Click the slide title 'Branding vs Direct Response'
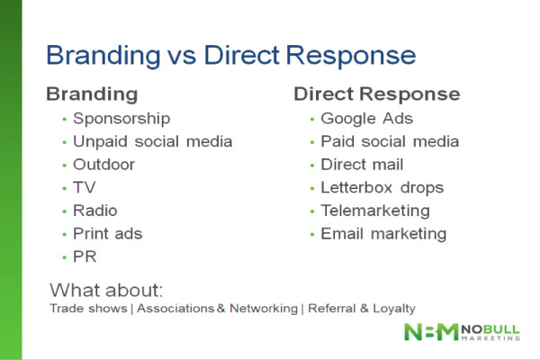[230, 56]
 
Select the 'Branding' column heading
[92, 94]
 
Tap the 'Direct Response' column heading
[376, 94]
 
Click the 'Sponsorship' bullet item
[121, 118]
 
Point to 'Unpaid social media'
[153, 141]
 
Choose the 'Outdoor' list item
[104, 165]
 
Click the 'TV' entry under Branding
[85, 188]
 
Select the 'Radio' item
[96, 211]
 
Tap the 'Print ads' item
[108, 234]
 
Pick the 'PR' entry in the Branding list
[85, 257]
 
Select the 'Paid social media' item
[390, 141]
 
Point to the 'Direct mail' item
[362, 165]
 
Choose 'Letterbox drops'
[382, 188]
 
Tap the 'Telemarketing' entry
[375, 211]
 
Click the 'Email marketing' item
[383, 234]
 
